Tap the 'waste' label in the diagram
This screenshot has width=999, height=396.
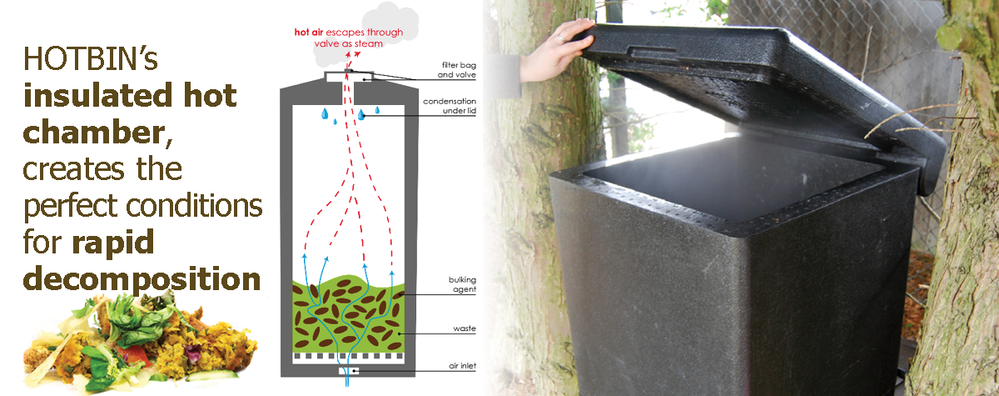pyautogui.click(x=464, y=328)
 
